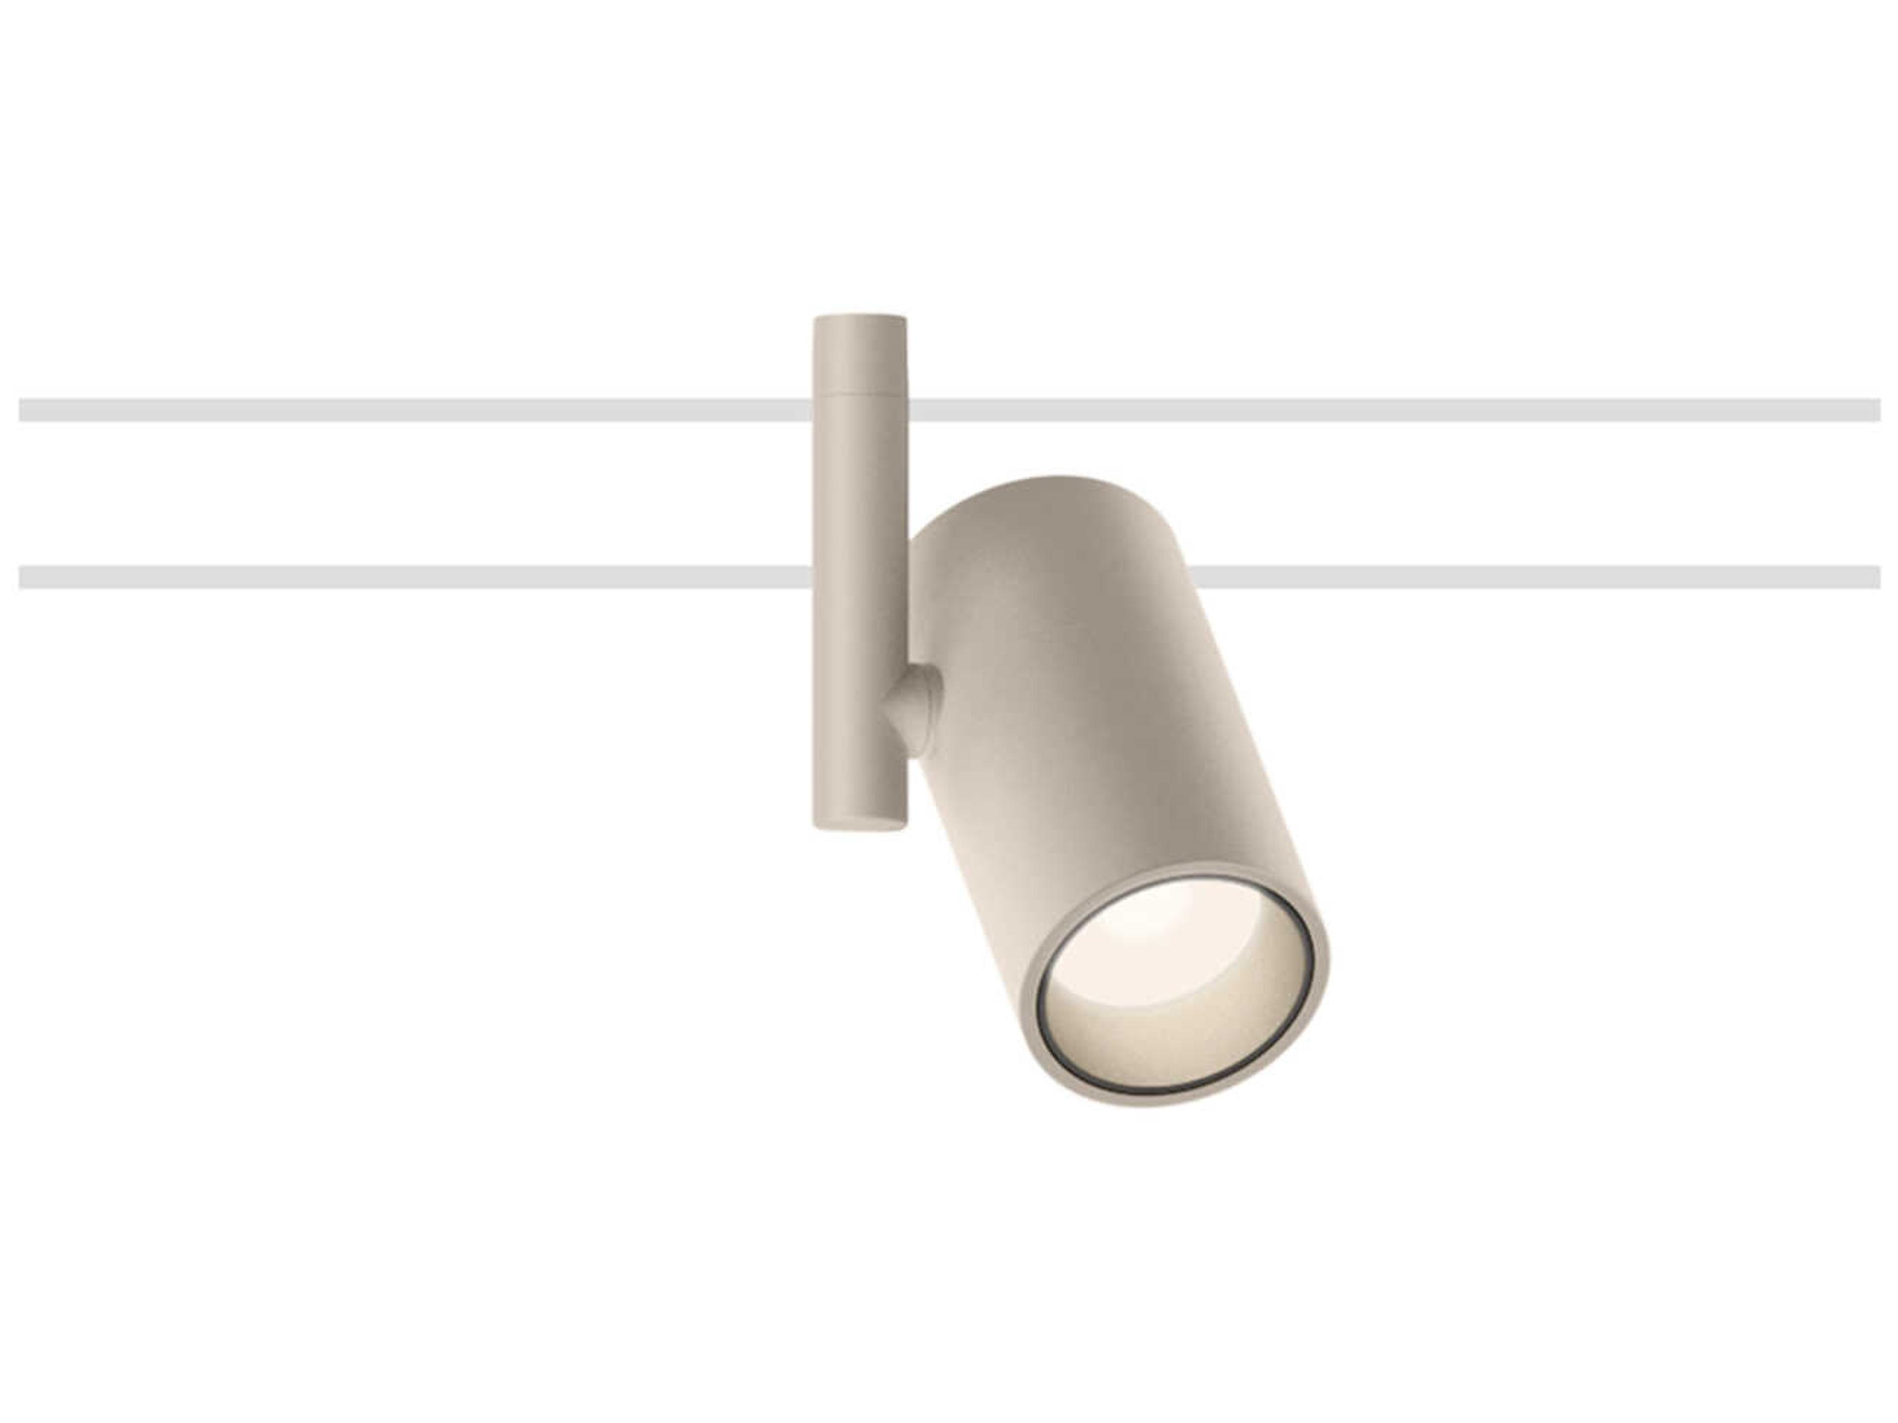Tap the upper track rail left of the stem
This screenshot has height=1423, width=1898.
coord(412,410)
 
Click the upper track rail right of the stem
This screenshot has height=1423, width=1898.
coord(1390,410)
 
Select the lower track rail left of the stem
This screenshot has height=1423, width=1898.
coord(412,577)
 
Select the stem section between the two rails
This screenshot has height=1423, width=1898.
coord(860,493)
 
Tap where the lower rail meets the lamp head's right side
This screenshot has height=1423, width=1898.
coord(1193,577)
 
